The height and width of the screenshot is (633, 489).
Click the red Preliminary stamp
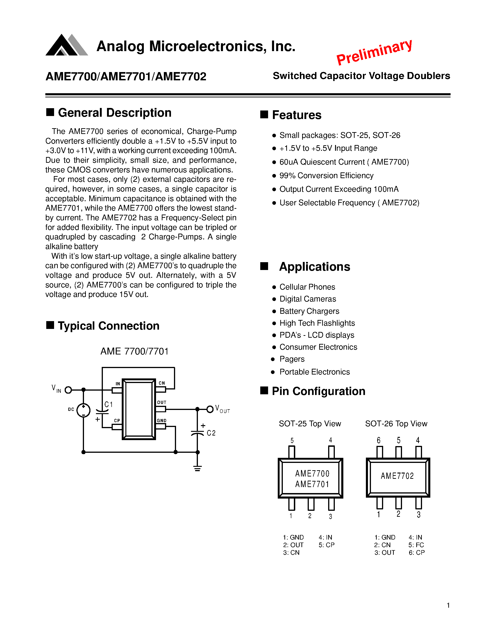(374, 52)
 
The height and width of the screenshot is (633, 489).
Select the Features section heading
(296, 115)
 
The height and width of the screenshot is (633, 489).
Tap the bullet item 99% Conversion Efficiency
(326, 176)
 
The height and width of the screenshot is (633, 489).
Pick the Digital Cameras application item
(307, 299)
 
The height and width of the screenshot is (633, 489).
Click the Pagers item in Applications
(292, 359)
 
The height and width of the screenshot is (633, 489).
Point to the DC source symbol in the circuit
(84, 410)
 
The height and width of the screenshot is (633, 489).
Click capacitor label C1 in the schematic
(108, 404)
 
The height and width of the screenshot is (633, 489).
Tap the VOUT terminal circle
(210, 409)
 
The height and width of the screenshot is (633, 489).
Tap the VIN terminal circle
(68, 390)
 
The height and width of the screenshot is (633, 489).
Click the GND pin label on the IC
(162, 421)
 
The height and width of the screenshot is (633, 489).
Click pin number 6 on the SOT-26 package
(379, 441)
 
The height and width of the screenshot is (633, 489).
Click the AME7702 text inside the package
(397, 476)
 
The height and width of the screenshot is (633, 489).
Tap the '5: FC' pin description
(416, 545)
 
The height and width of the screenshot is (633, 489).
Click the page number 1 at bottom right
(448, 605)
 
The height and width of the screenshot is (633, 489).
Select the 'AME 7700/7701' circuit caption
(134, 351)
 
